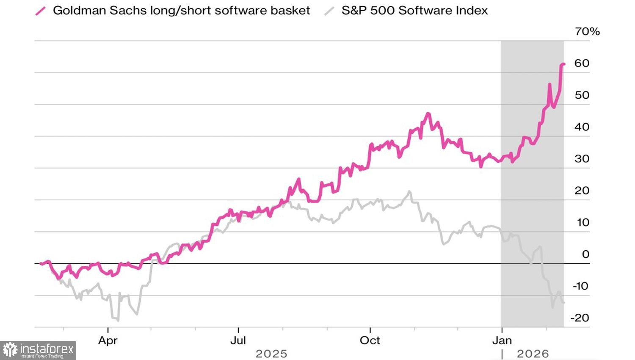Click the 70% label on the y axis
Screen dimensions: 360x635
click(587, 31)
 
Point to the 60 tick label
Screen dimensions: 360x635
click(582, 63)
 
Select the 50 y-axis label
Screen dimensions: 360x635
click(582, 95)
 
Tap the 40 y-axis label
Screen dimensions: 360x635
click(582, 127)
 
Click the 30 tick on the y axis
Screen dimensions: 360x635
click(582, 158)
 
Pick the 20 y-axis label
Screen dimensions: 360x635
click(582, 190)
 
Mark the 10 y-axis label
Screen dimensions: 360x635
click(583, 222)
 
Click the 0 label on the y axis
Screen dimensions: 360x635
click(585, 254)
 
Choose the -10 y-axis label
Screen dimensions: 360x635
click(580, 286)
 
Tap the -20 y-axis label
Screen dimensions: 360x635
click(580, 318)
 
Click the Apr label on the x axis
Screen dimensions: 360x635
click(108, 340)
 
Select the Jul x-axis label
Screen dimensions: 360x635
click(238, 340)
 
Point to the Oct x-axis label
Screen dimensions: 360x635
click(370, 340)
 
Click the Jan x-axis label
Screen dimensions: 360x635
click(502, 340)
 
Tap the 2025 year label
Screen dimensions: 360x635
click(271, 354)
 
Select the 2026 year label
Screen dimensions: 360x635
click(533, 354)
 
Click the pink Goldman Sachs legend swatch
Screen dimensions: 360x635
click(41, 11)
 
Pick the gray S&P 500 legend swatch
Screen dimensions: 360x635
click(329, 11)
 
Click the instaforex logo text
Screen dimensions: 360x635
click(47, 350)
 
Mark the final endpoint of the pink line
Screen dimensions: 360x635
click(564, 64)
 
